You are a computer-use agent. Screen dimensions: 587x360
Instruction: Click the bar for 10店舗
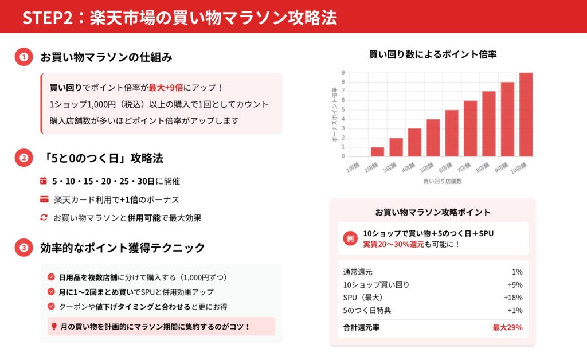click(x=526, y=115)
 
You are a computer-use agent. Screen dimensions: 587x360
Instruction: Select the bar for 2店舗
click(x=377, y=151)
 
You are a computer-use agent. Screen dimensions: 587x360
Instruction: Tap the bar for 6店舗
click(x=452, y=133)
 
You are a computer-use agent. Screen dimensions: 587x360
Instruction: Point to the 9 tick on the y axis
click(x=343, y=73)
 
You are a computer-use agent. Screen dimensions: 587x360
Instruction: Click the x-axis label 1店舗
click(x=353, y=167)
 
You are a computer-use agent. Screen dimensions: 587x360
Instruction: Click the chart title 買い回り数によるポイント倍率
click(x=433, y=54)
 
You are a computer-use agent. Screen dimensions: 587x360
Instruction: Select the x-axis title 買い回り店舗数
click(x=443, y=182)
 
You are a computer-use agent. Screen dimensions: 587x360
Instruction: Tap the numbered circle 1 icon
click(x=24, y=57)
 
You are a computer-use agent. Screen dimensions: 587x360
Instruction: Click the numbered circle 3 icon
click(x=24, y=248)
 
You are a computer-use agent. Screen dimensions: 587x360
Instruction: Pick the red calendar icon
click(x=44, y=181)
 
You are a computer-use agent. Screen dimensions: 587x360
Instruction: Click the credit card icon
click(x=44, y=199)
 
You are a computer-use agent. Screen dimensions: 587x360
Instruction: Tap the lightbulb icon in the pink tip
click(x=54, y=326)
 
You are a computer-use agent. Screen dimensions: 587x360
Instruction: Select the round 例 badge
click(x=350, y=238)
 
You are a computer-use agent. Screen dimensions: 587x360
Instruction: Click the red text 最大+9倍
click(x=166, y=88)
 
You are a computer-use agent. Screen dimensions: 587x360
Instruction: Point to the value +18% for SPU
click(x=513, y=298)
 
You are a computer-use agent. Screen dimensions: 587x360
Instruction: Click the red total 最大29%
click(x=507, y=327)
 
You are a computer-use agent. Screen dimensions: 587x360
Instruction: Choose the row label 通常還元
click(x=358, y=272)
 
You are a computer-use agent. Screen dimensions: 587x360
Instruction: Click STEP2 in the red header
click(x=48, y=18)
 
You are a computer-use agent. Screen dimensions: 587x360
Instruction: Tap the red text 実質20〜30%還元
click(x=393, y=244)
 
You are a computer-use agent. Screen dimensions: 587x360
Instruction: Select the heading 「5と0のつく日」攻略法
click(x=102, y=158)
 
